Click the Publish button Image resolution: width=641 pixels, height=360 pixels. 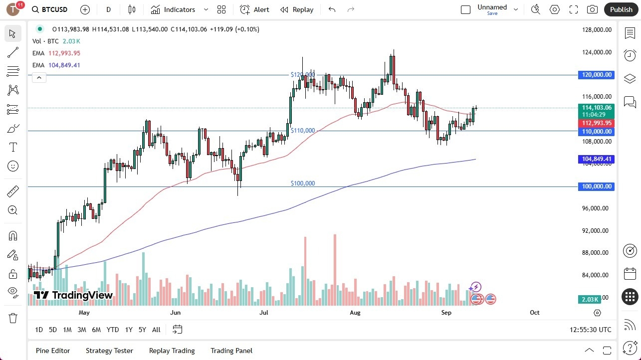point(621,9)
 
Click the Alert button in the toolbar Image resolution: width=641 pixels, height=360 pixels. point(255,9)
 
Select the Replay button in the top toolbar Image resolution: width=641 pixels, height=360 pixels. point(297,9)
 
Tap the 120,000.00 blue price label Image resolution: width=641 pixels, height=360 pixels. point(596,75)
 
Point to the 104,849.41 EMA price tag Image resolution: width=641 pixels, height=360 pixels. point(596,159)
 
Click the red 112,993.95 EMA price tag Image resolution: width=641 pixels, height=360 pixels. point(596,123)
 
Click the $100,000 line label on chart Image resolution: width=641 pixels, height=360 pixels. point(303,183)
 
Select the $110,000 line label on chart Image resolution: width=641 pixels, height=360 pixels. point(303,131)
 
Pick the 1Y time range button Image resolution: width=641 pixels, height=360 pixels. point(129,330)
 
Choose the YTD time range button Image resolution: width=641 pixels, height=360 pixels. point(113,330)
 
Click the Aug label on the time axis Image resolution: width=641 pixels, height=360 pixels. point(355,313)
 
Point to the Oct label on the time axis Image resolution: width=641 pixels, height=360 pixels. point(534,313)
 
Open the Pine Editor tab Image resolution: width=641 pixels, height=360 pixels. point(53,351)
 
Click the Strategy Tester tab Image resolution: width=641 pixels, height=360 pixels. point(109,351)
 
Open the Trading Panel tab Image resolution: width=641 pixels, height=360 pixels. point(231,351)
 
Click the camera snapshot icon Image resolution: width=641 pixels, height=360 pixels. point(592,9)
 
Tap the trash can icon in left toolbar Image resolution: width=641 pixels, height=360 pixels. point(13,318)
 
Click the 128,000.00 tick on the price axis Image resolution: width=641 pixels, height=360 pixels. point(597,30)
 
